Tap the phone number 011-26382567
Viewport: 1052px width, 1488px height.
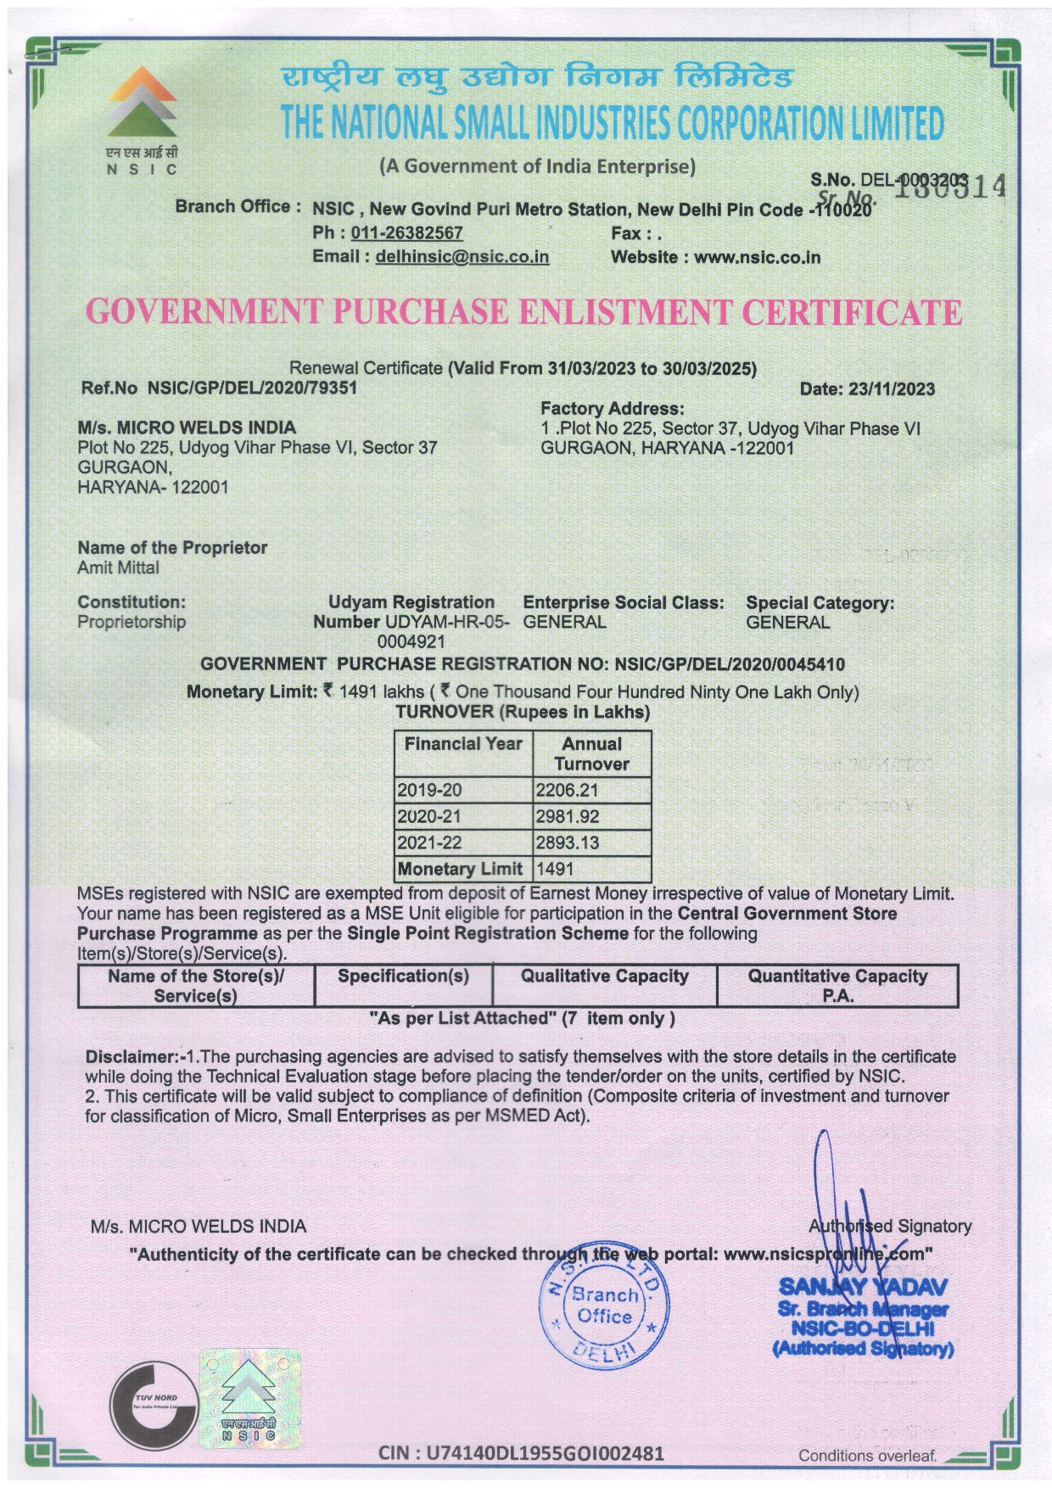406,233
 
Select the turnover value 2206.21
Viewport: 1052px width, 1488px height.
568,791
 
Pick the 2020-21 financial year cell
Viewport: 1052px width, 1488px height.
430,817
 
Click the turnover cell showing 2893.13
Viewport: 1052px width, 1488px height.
568,843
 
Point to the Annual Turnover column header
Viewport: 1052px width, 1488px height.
591,753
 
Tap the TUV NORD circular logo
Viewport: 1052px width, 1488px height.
154,1404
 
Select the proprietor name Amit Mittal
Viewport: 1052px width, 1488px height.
118,568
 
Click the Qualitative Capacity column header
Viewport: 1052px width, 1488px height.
604,976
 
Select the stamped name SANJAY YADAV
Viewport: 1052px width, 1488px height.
863,1288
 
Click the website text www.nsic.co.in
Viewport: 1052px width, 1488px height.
757,258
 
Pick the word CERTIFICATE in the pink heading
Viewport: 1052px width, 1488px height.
852,313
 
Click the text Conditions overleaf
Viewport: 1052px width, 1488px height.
867,1456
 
